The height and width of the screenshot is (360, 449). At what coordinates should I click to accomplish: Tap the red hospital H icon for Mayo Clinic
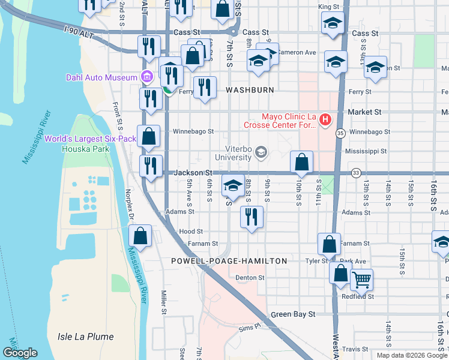[x=325, y=120]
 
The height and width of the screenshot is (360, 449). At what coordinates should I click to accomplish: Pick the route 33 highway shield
[x=355, y=173]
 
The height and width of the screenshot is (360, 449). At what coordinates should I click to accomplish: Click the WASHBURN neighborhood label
[x=250, y=89]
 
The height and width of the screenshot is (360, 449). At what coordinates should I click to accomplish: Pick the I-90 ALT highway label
[x=79, y=32]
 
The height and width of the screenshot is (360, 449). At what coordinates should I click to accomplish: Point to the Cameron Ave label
[x=296, y=53]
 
